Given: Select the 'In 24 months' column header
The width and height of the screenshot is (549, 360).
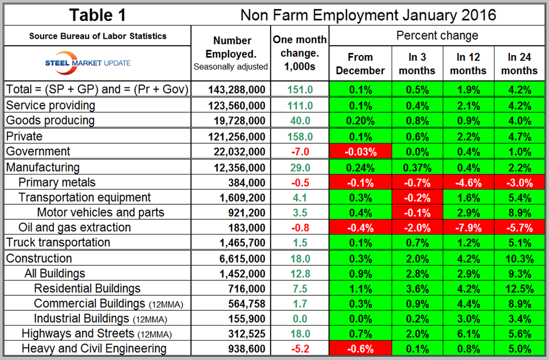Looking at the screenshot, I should pyautogui.click(x=522, y=64).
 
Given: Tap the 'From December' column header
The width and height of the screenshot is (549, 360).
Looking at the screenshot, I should pyautogui.click(x=360, y=64).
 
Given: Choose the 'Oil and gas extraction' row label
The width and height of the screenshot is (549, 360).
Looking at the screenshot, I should pyautogui.click(x=74, y=227).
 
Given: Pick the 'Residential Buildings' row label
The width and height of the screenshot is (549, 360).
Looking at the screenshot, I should pyautogui.click(x=87, y=288).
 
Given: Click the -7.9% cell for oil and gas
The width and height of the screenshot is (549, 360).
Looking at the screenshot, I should pyautogui.click(x=468, y=227).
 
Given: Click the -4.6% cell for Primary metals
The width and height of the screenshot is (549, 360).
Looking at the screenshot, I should pyautogui.click(x=468, y=182).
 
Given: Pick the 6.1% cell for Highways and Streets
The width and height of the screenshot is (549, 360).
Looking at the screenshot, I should pyautogui.click(x=468, y=334).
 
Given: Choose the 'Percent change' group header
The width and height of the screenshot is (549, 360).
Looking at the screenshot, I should pyautogui.click(x=437, y=36).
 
